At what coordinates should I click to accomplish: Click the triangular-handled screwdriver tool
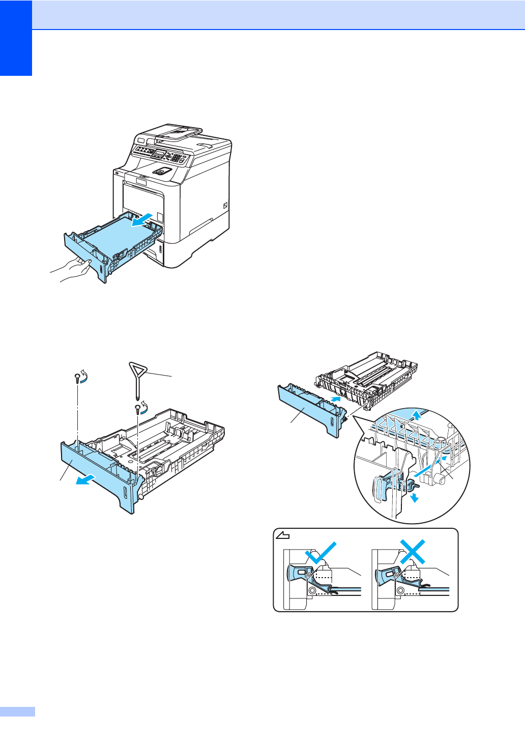point(137,377)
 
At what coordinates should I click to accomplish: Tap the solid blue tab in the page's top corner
point(16,38)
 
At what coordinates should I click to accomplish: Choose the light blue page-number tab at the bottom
point(17,711)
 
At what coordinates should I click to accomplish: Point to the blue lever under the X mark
point(387,575)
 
